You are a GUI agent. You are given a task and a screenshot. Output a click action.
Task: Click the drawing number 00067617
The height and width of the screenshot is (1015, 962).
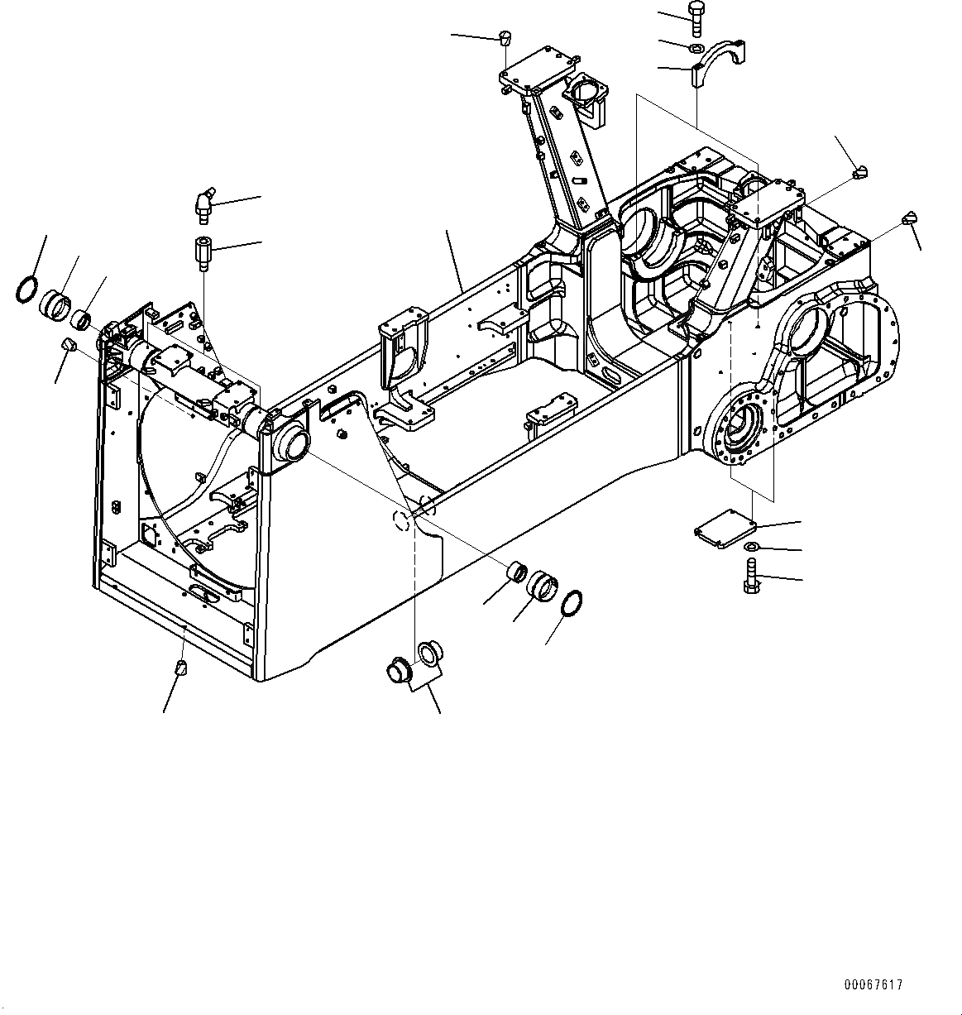click(x=873, y=984)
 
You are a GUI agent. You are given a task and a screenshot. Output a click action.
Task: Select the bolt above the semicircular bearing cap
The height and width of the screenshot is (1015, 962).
click(x=695, y=17)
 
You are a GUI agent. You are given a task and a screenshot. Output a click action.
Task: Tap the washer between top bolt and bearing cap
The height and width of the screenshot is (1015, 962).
click(x=695, y=47)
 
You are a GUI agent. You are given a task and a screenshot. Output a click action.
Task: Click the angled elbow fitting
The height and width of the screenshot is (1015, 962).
click(x=203, y=204)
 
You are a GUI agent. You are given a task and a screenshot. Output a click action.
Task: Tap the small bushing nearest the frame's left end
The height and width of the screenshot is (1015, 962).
click(x=81, y=318)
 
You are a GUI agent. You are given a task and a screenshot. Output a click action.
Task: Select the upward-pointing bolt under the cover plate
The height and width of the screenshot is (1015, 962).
click(x=751, y=575)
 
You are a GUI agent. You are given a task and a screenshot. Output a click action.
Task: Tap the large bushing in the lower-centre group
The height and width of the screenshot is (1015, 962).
click(x=543, y=585)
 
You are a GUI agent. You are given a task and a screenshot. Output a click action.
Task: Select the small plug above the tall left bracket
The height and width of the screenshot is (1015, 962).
click(x=506, y=36)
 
